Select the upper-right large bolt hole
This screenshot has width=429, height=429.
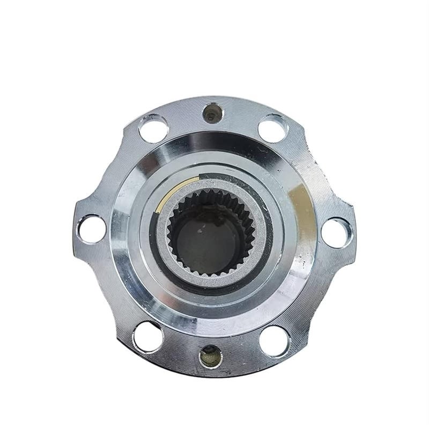click(273, 129)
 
